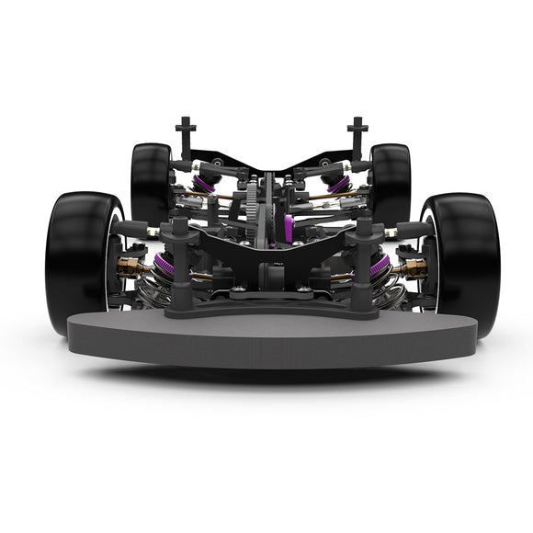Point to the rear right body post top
[357, 124]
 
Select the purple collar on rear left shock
[204, 185]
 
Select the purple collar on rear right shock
[337, 185]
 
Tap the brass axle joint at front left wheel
[130, 268]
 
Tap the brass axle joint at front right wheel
[414, 268]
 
